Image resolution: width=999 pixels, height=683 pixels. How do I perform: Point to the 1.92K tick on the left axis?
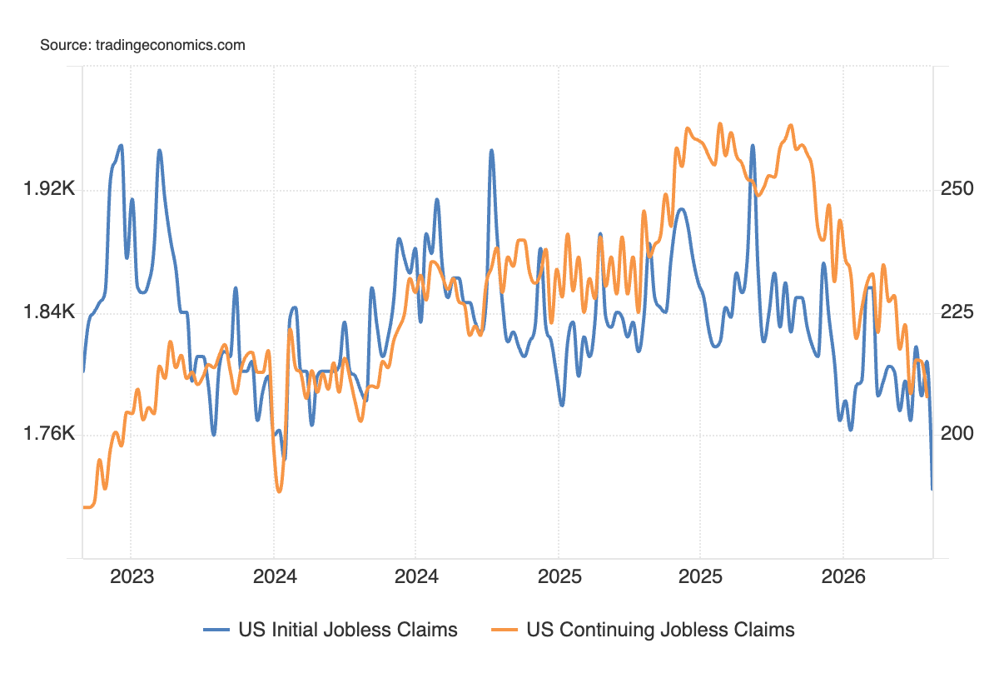(51, 190)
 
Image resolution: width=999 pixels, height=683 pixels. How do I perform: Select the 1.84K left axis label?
(51, 312)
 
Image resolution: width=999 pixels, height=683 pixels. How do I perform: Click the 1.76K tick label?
(51, 434)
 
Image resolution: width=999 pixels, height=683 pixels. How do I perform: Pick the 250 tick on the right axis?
(957, 190)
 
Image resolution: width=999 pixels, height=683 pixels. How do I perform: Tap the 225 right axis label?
(957, 312)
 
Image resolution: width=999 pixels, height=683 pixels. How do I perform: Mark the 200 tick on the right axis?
(957, 434)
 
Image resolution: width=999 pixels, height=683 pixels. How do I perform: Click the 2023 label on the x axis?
(132, 576)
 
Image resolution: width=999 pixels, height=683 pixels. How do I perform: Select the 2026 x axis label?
(842, 576)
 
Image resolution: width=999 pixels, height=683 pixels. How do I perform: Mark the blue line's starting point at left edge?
(83, 371)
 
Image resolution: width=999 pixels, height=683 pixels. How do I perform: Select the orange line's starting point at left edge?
(83, 506)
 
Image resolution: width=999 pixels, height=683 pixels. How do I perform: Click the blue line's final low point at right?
(932, 489)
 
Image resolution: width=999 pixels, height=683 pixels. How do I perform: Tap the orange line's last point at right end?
(928, 396)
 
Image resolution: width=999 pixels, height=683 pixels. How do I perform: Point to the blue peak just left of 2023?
(122, 146)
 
